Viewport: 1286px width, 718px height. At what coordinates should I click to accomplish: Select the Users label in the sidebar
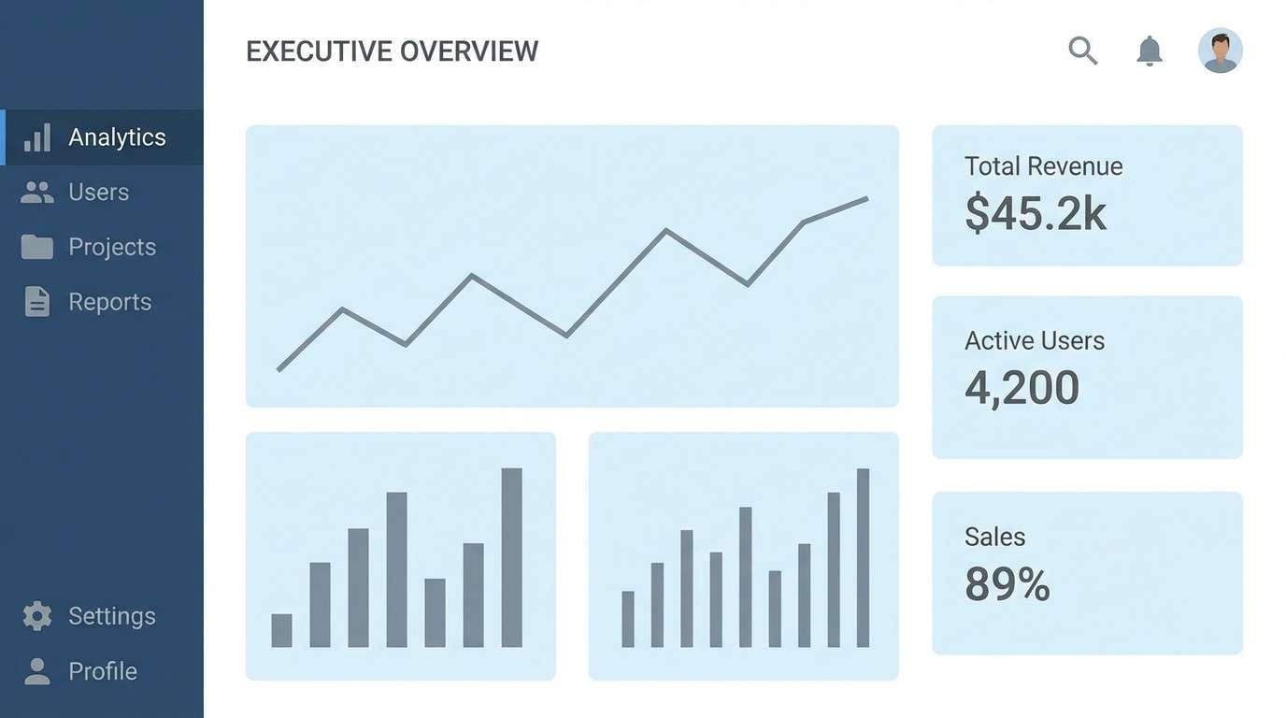98,193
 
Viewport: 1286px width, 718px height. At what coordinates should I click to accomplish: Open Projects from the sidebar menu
111,247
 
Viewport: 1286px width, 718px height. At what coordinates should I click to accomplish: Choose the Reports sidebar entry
109,302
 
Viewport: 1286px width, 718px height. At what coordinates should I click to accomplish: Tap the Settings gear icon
37,616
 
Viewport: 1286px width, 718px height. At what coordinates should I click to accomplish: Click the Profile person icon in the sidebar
37,671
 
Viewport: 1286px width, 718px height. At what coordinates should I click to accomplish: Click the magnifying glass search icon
1082,50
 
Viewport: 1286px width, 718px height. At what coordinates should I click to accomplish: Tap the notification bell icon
1149,50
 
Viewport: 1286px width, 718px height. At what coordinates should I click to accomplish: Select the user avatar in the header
1220,50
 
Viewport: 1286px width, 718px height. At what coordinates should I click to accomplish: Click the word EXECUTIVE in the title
318,51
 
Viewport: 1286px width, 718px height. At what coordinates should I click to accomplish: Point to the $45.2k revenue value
1036,213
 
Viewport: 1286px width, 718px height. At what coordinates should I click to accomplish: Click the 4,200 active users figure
1022,388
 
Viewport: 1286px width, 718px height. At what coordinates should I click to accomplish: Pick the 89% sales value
1007,584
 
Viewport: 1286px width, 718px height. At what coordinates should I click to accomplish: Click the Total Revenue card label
1043,166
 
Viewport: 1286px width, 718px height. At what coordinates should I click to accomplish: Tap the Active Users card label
1034,341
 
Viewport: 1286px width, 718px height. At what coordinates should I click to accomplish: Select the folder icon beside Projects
37,247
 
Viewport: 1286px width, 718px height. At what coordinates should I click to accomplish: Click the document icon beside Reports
37,302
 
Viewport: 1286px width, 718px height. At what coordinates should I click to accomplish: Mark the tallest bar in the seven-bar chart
511,557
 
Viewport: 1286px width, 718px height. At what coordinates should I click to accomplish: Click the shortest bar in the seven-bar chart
281,630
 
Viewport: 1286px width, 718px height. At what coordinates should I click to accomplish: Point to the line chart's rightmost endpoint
866,198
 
